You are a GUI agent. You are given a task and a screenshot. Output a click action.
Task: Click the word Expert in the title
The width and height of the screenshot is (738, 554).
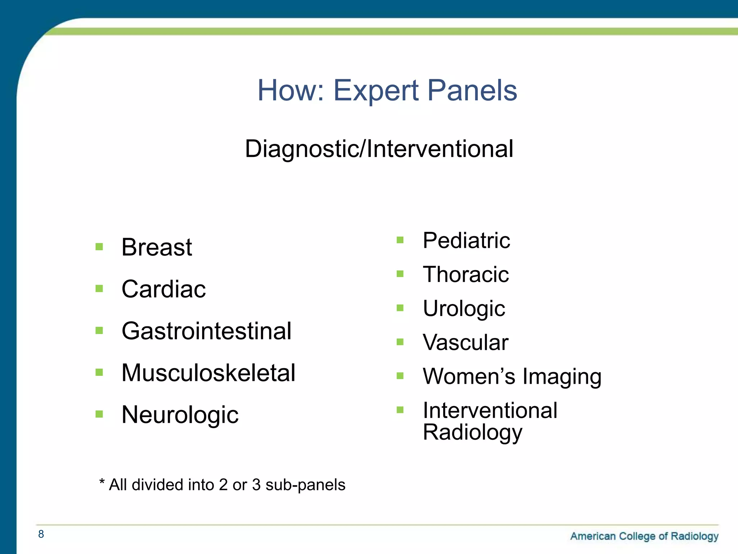[x=376, y=91]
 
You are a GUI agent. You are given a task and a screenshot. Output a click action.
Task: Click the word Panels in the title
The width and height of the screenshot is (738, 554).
[x=472, y=91]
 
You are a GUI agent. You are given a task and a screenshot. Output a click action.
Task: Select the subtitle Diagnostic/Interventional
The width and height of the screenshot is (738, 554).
[x=379, y=149]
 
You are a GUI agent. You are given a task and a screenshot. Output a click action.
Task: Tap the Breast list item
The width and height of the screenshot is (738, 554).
[x=156, y=247]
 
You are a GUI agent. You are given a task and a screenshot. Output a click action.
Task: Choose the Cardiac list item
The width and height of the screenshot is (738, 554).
[x=164, y=289]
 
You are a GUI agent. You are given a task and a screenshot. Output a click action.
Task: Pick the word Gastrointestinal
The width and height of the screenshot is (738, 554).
[x=206, y=331]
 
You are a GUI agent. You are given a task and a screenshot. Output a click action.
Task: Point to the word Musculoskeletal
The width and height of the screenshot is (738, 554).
[x=208, y=373]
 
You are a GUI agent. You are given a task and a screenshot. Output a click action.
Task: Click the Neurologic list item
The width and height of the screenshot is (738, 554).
[x=180, y=415]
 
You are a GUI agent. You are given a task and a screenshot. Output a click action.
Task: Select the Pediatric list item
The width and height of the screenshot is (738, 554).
[x=466, y=241]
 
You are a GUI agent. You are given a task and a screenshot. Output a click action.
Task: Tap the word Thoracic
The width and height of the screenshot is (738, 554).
[x=466, y=274]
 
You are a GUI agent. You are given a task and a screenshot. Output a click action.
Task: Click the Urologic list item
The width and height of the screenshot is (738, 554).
[x=464, y=309]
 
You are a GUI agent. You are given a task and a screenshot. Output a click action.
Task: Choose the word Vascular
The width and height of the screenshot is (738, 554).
[x=465, y=342]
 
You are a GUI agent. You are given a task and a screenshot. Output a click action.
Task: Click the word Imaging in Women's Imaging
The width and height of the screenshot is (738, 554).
[x=562, y=377]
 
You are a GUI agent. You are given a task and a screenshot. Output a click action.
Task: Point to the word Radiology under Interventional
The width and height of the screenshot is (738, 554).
[x=472, y=432]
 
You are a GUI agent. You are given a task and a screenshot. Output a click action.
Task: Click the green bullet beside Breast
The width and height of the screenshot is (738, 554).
[x=99, y=247]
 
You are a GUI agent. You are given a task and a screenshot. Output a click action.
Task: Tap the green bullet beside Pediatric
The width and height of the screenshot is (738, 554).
[x=400, y=240]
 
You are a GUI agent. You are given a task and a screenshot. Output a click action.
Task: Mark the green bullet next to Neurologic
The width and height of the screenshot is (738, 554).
[x=99, y=414]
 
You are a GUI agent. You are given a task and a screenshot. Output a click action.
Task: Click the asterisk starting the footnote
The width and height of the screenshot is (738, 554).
[x=102, y=482]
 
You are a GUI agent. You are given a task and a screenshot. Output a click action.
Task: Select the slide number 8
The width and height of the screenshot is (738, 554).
[x=41, y=534]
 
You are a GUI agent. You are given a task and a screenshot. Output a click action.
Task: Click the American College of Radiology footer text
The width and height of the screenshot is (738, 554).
[x=644, y=536]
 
